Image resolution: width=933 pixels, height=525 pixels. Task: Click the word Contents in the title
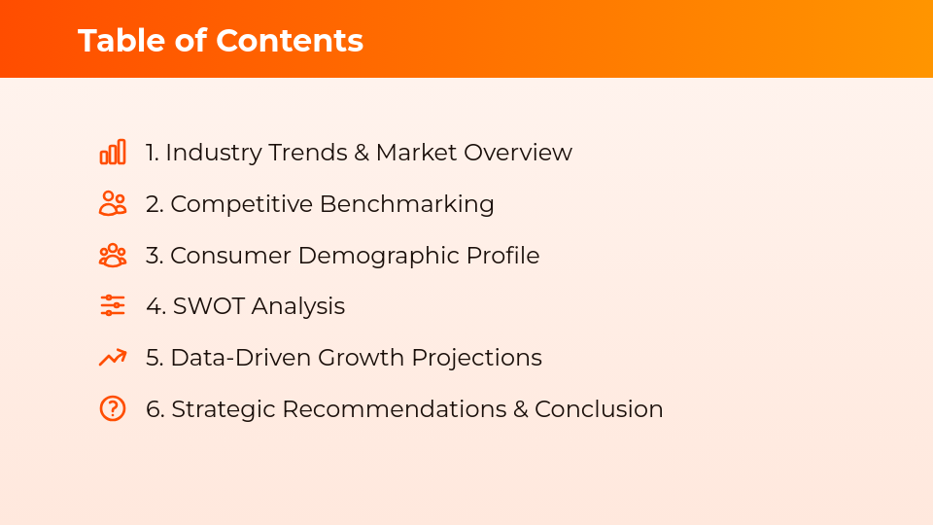[x=290, y=41]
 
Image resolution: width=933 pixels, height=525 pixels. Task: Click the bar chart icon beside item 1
[x=113, y=153]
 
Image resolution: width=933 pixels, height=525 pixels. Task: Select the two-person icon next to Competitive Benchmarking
[x=113, y=204]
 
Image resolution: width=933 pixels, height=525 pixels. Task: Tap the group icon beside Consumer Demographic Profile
[x=113, y=256]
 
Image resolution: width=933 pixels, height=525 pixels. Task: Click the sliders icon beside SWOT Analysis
[x=113, y=306]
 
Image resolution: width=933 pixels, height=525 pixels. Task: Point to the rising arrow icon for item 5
[x=113, y=358]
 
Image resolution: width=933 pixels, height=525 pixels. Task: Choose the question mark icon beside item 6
[x=113, y=408]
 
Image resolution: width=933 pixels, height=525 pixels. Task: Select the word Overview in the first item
[x=517, y=153]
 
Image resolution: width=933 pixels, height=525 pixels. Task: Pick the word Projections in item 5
[x=476, y=358]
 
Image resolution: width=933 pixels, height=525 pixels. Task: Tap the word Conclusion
[x=599, y=409]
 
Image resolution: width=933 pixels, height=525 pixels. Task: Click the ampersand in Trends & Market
[x=362, y=153]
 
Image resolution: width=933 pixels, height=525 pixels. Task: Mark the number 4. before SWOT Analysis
[x=155, y=306]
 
